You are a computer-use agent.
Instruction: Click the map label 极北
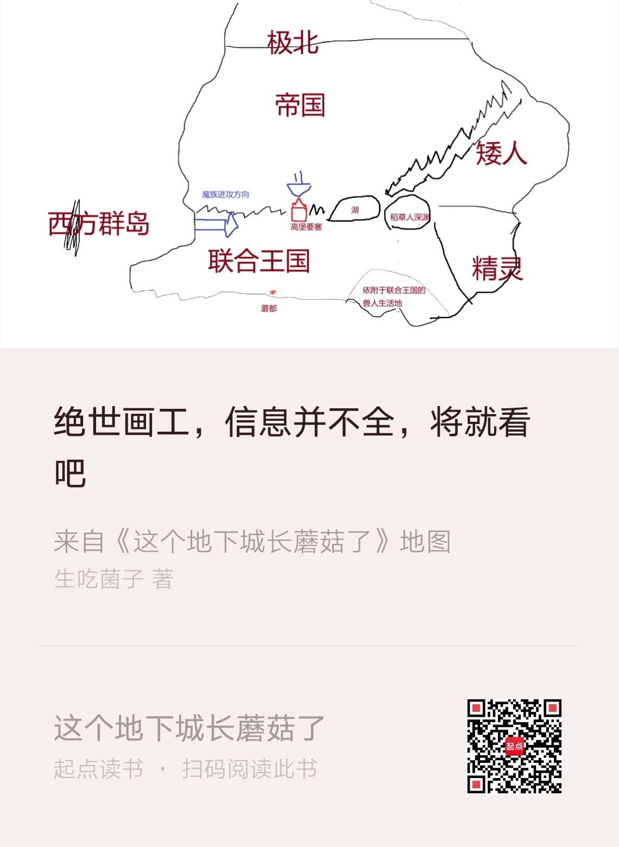(292, 42)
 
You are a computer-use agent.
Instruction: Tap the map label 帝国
(300, 105)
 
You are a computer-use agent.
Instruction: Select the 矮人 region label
(501, 153)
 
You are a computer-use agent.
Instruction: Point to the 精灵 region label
(497, 269)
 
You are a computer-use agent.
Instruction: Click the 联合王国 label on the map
(258, 261)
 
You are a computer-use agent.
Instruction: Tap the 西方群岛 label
(99, 224)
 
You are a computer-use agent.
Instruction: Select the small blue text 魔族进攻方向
(225, 194)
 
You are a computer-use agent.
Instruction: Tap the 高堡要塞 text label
(306, 227)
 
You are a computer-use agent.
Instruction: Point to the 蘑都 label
(269, 308)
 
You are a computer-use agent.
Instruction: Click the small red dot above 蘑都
(273, 293)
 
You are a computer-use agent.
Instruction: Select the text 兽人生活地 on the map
(383, 303)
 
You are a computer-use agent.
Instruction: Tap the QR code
(514, 746)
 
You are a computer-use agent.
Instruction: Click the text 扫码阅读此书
(249, 769)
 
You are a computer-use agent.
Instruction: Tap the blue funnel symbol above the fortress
(299, 187)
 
